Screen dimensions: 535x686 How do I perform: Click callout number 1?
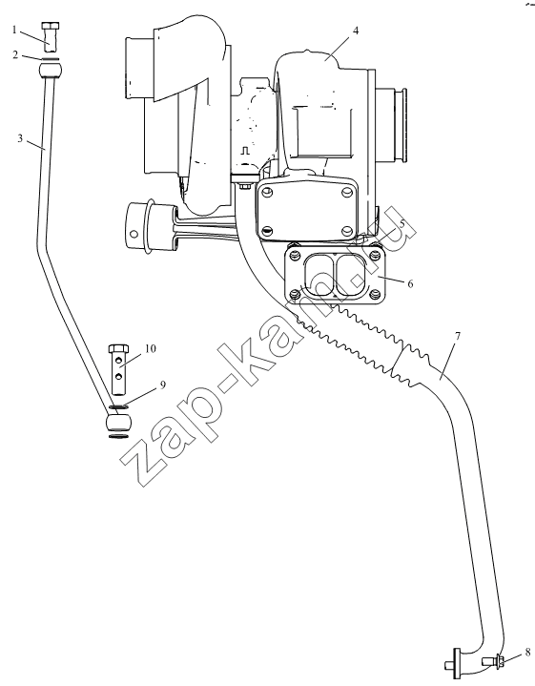tap(14, 30)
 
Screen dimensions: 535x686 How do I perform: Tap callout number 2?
tap(15, 55)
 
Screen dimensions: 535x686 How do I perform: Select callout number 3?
tap(20, 138)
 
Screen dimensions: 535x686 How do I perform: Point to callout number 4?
tap(356, 31)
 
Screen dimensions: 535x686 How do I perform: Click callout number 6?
tap(410, 284)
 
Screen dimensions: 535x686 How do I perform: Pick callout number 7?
tap(458, 337)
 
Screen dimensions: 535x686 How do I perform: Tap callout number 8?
tap(528, 653)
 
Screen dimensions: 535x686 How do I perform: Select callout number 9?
tap(162, 385)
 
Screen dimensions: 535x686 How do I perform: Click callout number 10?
tap(150, 348)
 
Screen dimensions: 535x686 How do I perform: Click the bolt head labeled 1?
tap(51, 26)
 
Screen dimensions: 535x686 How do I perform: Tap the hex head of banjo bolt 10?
tap(118, 349)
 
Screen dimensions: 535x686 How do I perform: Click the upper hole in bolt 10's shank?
tap(118, 360)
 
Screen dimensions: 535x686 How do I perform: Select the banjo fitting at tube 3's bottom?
tap(118, 423)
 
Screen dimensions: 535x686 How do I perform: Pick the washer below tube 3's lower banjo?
tap(118, 436)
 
